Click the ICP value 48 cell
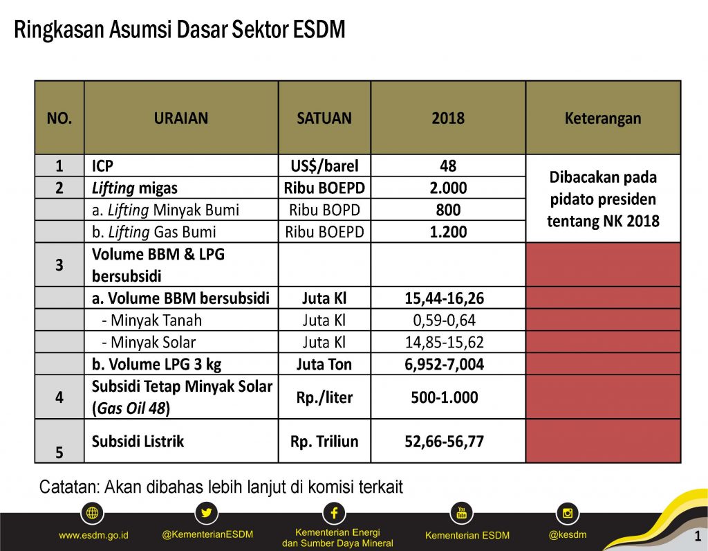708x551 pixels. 448,166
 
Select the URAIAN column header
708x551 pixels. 180,118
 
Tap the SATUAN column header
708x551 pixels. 324,118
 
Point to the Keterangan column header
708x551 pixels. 603,118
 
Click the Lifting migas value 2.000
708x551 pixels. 448,188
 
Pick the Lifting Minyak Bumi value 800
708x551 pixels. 448,210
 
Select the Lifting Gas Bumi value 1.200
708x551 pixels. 448,233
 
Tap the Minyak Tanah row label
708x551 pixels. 151,320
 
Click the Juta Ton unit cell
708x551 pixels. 324,365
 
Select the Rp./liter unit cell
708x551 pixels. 324,397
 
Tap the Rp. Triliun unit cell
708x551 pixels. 324,441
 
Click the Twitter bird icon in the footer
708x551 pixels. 207,514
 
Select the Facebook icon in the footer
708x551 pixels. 334,513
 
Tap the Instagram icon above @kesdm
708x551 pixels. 568,513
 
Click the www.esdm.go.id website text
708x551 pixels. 94,535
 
